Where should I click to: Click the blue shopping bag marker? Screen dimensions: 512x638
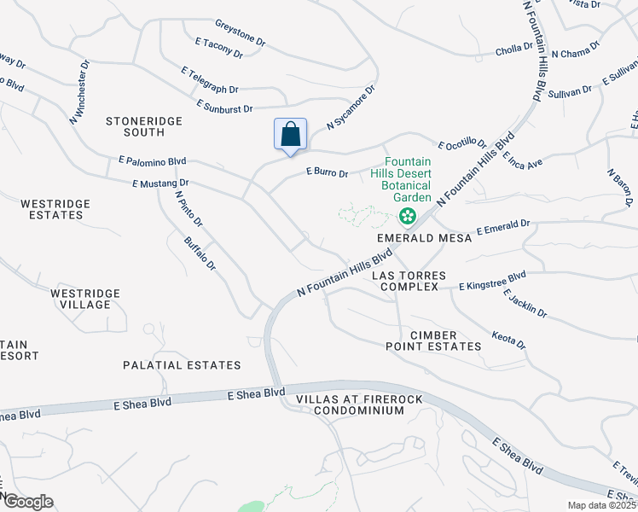click(x=290, y=135)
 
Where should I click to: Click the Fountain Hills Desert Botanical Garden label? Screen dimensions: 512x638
click(x=407, y=179)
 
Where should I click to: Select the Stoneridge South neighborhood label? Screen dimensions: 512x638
click(x=144, y=126)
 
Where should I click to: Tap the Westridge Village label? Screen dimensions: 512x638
click(x=84, y=299)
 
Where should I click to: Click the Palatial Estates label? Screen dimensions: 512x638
click(x=182, y=365)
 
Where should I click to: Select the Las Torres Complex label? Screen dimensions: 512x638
click(x=405, y=281)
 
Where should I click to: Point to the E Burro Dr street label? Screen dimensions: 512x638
click(x=328, y=173)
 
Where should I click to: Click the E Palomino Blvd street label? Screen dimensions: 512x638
click(x=153, y=160)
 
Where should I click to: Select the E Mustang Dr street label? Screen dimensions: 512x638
click(x=160, y=183)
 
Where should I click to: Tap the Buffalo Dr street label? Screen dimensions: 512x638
click(x=200, y=253)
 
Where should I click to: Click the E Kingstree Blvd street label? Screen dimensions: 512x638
click(x=493, y=281)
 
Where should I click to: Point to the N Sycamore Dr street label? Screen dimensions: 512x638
click(x=351, y=107)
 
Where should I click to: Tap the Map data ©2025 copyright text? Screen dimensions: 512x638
click(x=601, y=505)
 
